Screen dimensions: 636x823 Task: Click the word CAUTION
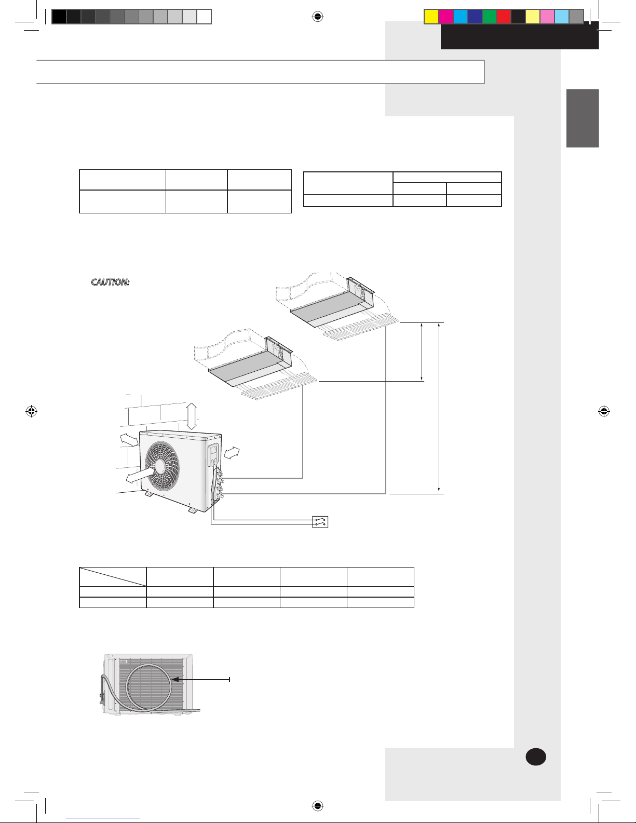click(x=110, y=282)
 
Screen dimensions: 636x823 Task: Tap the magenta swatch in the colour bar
click(x=445, y=17)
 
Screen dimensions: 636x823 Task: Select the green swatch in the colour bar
click(x=489, y=17)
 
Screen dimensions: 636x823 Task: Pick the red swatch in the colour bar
click(x=504, y=17)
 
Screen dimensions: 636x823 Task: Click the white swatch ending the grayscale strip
click(x=204, y=17)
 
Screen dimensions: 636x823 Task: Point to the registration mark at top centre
click(x=318, y=17)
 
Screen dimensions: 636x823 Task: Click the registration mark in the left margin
click(x=32, y=411)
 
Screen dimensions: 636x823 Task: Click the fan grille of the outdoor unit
click(x=163, y=466)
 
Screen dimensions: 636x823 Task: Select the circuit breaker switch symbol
click(x=320, y=522)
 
